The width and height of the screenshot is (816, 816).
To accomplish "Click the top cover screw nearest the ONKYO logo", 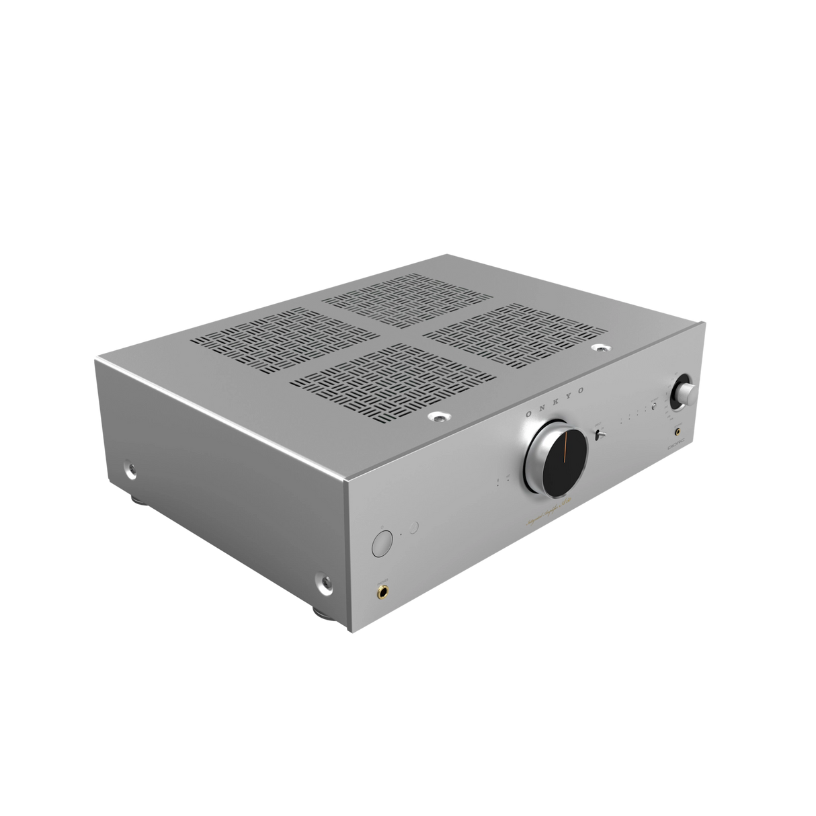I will click(439, 418).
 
